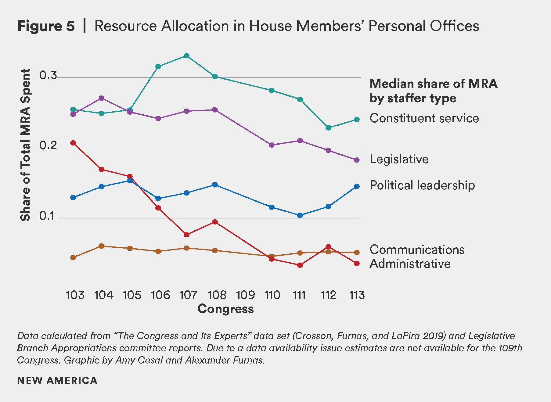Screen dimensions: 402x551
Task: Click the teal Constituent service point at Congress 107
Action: [186, 56]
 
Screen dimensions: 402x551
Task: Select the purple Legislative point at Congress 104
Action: [102, 98]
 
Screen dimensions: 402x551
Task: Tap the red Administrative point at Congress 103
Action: [73, 143]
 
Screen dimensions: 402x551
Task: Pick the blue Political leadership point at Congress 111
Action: [300, 215]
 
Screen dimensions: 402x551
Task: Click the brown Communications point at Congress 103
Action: [73, 257]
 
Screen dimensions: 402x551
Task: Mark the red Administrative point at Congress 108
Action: [215, 222]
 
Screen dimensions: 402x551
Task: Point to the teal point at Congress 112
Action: [328, 128]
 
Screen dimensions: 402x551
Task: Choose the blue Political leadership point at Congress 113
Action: [357, 186]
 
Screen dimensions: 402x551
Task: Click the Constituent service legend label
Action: [424, 118]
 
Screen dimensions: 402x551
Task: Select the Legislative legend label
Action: [399, 159]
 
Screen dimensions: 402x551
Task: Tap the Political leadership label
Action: [422, 185]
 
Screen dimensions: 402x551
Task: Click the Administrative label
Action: [410, 264]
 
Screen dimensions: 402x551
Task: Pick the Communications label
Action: [417, 250]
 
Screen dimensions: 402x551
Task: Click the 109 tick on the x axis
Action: [245, 295]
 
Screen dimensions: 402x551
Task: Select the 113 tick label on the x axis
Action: [357, 295]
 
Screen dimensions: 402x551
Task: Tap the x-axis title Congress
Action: [225, 309]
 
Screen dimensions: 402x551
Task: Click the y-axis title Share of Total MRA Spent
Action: [26, 145]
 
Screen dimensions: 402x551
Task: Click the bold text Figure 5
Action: [46, 26]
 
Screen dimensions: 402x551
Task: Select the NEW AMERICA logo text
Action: [57, 380]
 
